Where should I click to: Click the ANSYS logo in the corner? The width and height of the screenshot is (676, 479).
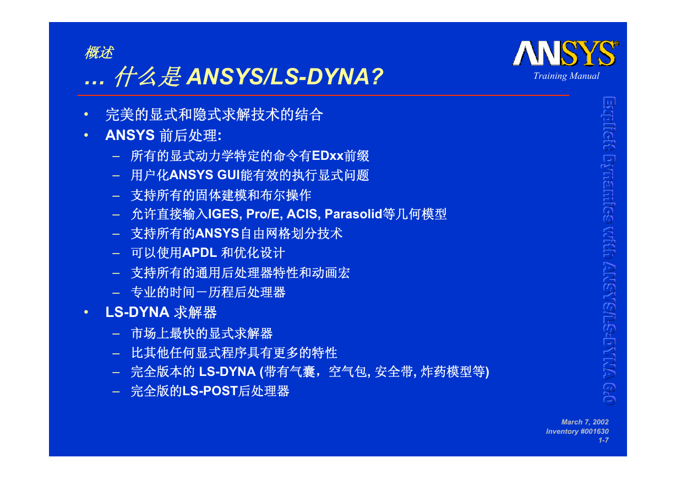pyautogui.click(x=565, y=53)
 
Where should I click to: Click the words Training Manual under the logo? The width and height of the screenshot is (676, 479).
pyautogui.click(x=566, y=76)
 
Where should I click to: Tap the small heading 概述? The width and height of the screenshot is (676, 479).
pyautogui.click(x=99, y=52)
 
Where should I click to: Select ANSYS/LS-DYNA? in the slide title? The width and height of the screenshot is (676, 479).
pyautogui.click(x=285, y=77)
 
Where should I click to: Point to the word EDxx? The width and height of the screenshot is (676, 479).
pyautogui.click(x=328, y=156)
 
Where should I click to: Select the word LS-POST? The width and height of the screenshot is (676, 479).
pyautogui.click(x=210, y=391)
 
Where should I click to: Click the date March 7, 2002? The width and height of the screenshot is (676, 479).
pyautogui.click(x=585, y=422)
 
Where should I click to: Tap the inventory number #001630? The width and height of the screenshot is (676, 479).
pyautogui.click(x=594, y=431)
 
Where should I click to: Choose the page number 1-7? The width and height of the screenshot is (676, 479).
pyautogui.click(x=603, y=440)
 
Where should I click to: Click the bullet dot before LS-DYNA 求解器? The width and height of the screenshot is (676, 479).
pyautogui.click(x=86, y=312)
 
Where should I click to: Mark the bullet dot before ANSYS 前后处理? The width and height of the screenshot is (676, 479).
pyautogui.click(x=86, y=135)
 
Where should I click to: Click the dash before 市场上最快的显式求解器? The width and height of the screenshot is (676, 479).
pyautogui.click(x=116, y=334)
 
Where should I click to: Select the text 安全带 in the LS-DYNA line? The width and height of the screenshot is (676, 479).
pyautogui.click(x=394, y=372)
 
